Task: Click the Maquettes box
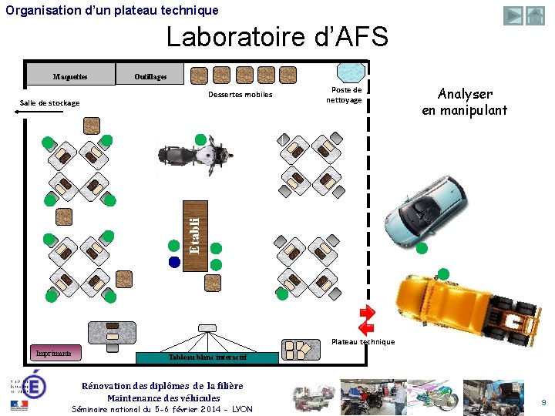pyautogui.click(x=70, y=75)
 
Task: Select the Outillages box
pyautogui.click(x=150, y=75)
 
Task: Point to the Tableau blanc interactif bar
pyautogui.click(x=207, y=357)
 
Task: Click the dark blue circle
pyautogui.click(x=174, y=262)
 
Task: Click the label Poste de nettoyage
pyautogui.click(x=344, y=95)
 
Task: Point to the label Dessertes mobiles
pyautogui.click(x=240, y=95)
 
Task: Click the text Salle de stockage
pyautogui.click(x=49, y=102)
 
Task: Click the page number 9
pyautogui.click(x=543, y=402)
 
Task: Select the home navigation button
pyautogui.click(x=535, y=15)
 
